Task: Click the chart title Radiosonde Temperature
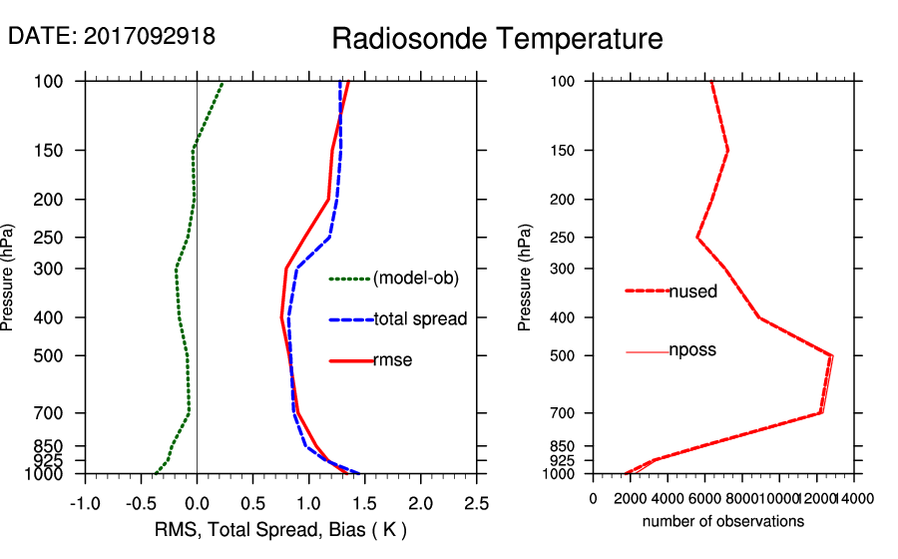(x=497, y=39)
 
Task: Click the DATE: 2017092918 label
(x=112, y=36)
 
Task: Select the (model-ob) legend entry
(x=415, y=279)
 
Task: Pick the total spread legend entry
(x=420, y=319)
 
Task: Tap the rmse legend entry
(x=392, y=360)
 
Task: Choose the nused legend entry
(x=692, y=290)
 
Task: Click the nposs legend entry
(x=692, y=350)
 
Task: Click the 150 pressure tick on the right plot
(x=565, y=151)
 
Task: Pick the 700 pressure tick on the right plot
(x=565, y=413)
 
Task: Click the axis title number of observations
(x=723, y=521)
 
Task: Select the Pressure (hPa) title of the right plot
(x=525, y=278)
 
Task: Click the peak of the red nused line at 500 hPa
(x=832, y=355)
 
